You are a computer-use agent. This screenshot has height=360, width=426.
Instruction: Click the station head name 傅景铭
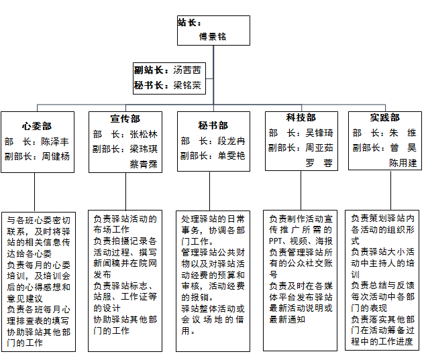[213, 36]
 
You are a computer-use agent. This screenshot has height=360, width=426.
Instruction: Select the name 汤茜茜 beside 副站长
[187, 70]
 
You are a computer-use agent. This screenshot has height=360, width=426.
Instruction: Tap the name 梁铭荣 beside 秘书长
[187, 85]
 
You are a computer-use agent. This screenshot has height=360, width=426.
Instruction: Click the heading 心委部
[37, 126]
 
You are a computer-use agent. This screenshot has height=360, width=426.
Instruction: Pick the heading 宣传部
[125, 119]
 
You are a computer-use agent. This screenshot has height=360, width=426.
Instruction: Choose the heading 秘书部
[213, 125]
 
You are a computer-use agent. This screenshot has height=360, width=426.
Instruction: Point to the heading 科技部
[301, 117]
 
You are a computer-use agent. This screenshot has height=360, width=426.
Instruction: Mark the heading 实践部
[384, 117]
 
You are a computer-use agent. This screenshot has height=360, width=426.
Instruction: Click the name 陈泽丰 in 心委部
[55, 141]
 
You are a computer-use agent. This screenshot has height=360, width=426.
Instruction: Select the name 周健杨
[56, 156]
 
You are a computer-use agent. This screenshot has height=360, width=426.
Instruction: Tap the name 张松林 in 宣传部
[144, 134]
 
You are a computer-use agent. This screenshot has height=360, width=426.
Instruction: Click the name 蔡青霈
[144, 164]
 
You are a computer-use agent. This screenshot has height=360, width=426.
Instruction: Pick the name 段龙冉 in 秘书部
[231, 141]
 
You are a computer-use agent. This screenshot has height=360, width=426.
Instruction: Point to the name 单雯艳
[231, 156]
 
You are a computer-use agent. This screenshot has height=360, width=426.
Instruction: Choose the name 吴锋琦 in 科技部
[319, 133]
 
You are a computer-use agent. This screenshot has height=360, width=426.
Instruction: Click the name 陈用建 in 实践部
[403, 163]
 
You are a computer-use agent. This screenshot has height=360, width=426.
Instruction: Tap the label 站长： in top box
[189, 22]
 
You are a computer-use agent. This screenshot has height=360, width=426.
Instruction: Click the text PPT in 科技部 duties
[275, 241]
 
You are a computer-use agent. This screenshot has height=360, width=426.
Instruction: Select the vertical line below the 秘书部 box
[209, 191]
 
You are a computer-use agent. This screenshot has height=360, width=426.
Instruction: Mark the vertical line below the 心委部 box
[34, 192]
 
